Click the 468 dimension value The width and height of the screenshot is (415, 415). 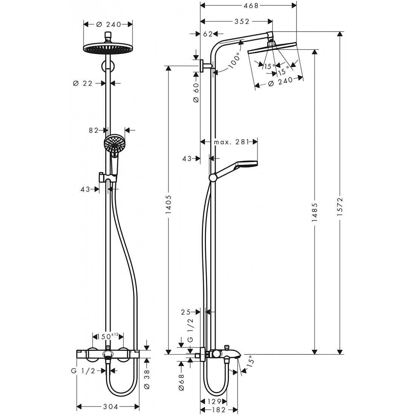248,6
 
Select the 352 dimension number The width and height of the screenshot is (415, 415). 242,22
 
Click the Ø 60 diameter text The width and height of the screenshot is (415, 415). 196,92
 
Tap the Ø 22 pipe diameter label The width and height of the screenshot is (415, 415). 82,83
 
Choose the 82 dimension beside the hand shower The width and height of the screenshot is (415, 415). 94,130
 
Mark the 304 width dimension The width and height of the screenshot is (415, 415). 108,407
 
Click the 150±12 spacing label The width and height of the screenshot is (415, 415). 108,336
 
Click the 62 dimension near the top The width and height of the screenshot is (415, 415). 207,34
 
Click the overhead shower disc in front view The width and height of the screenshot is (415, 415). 108,49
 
